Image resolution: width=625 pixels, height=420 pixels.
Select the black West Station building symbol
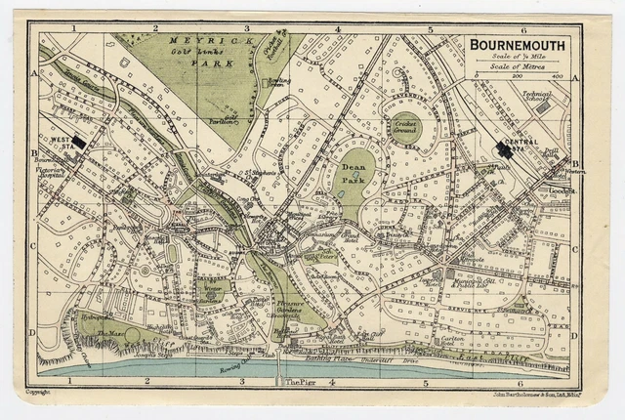(83, 140)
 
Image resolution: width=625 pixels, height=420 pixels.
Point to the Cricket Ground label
(404, 126)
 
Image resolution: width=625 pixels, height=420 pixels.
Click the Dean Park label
(354, 174)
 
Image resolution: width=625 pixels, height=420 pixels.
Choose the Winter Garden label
(209, 291)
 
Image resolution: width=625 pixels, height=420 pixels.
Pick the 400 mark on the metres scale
(558, 75)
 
